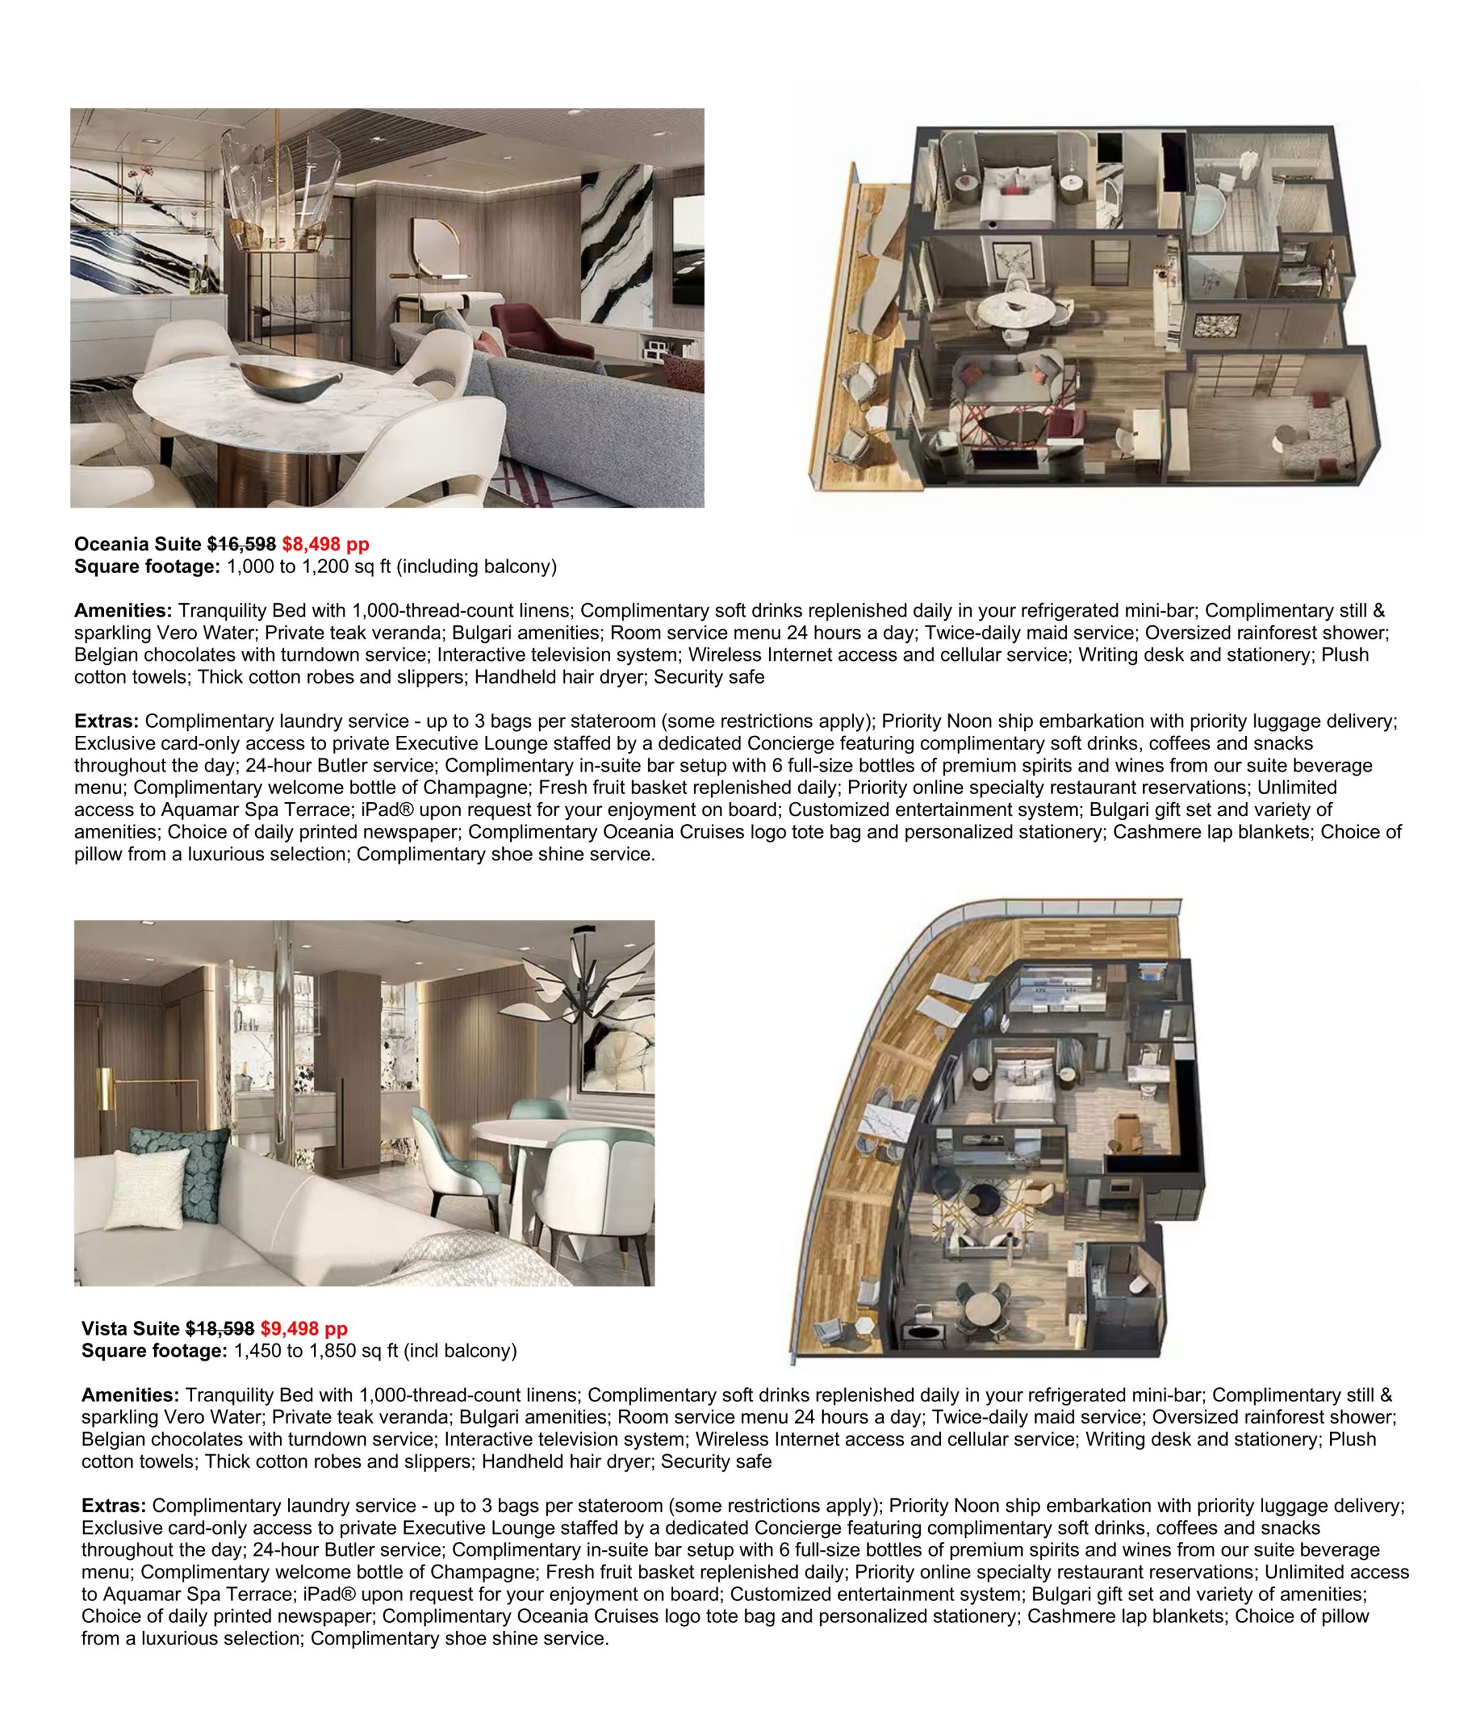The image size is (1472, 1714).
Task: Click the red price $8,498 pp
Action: [x=325, y=544]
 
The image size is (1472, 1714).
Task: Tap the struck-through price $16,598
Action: [x=242, y=544]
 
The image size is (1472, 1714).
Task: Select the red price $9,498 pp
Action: [x=303, y=1328]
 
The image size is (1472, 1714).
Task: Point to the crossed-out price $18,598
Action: [x=220, y=1328]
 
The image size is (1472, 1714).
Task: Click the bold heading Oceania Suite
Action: [x=137, y=544]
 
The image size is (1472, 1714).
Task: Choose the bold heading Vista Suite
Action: [x=130, y=1328]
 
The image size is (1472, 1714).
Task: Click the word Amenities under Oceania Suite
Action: [x=123, y=611]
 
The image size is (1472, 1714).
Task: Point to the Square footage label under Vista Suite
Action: [x=154, y=1351]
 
